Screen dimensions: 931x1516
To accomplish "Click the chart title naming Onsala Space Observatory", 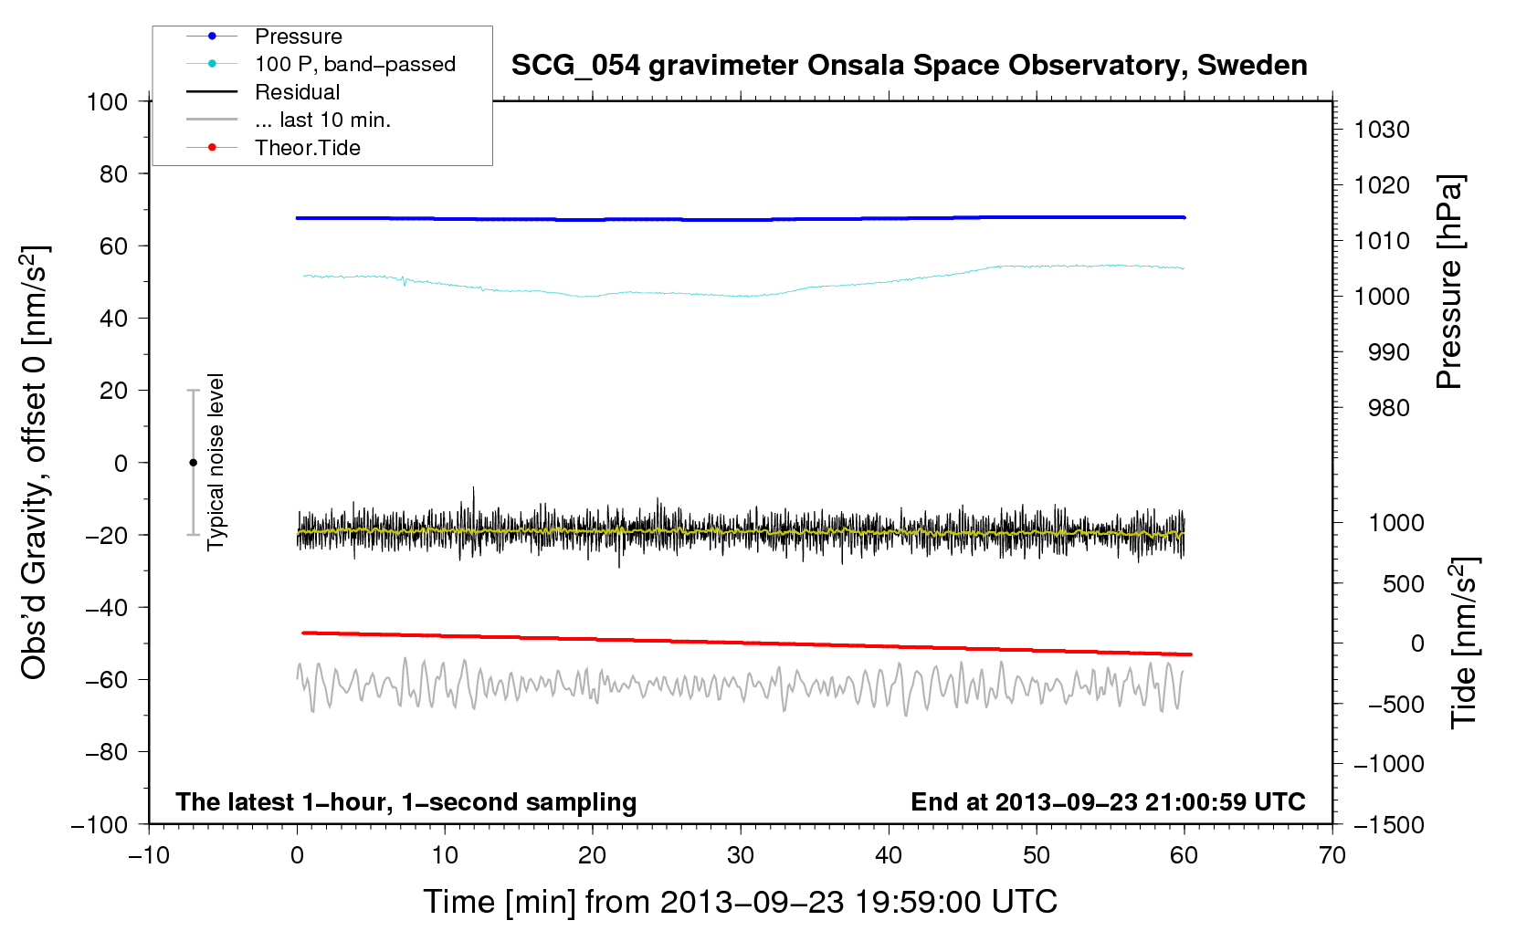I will point(909,66).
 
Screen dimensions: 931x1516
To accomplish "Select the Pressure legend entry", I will point(298,37).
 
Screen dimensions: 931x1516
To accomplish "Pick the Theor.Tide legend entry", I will point(307,148).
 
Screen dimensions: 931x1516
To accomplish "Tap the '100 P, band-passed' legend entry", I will point(354,64).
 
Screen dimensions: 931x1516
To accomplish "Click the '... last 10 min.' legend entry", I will point(322,120).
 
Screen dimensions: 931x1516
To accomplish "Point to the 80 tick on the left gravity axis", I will point(113,173).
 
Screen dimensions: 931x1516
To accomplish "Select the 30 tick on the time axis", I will point(741,855).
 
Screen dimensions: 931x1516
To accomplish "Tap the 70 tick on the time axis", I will point(1332,855).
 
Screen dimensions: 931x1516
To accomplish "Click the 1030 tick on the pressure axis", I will point(1382,130).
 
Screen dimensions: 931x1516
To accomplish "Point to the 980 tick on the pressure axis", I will point(1388,408).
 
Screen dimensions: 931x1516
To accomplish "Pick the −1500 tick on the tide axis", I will point(1389,824).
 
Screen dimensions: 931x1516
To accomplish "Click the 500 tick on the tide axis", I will point(1403,584).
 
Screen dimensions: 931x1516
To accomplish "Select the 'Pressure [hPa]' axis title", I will point(1449,282).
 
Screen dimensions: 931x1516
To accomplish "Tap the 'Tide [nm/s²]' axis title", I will point(1464,643).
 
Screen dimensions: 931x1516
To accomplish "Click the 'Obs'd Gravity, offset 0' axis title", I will point(34,463).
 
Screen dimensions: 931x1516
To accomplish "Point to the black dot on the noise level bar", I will point(193,463).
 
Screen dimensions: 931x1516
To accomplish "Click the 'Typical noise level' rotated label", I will point(216,462).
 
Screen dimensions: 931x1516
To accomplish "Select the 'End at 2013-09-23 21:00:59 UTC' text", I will point(1108,802).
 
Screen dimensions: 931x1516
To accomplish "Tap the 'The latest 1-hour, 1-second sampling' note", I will point(406,802).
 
